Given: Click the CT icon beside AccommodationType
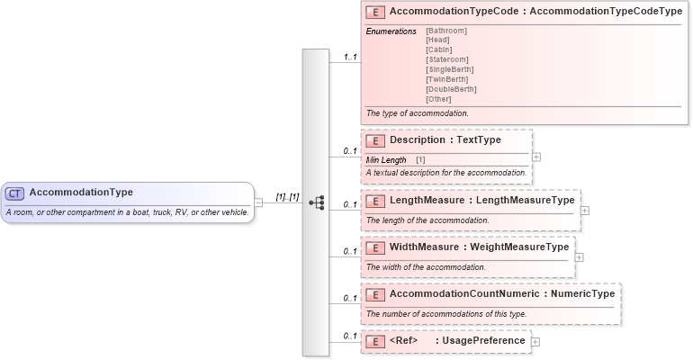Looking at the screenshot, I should coord(15,193).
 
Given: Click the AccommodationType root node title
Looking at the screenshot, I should coord(81,193).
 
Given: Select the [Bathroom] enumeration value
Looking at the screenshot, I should coord(446,31).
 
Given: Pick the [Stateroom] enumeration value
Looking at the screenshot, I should coord(447,59).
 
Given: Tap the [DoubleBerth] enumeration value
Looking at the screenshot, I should coord(451,89).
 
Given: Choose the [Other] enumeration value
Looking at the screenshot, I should coord(438,99).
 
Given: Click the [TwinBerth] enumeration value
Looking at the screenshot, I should coord(447,79).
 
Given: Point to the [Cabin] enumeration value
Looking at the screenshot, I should coord(440,49).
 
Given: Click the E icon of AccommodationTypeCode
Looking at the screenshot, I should coord(376,13).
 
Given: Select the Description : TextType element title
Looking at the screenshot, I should coord(445,140).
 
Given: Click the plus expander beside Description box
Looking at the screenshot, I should coord(536,156).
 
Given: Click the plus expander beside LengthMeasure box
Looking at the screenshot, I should coord(584,211).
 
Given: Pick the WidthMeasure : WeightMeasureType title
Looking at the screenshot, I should coord(479,247).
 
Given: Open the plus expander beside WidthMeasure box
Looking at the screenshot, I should coord(579,257).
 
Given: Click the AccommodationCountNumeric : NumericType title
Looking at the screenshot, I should coord(501,293).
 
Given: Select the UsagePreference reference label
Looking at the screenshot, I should coord(481,341).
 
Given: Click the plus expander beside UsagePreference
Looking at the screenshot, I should coord(536,341).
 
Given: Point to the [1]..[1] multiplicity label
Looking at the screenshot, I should coord(287,196).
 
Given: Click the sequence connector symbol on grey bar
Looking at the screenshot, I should coord(316,202).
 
